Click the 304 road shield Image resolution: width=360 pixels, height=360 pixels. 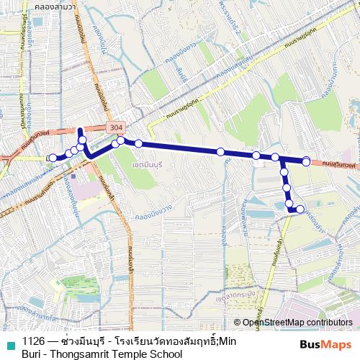pos(114,127)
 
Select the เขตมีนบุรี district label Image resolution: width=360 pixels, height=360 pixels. pos(130,164)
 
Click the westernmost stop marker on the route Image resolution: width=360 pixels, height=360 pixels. pos(53,158)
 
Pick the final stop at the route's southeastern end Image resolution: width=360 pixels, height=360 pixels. pos(300,210)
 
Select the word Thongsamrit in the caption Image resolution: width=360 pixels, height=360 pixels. pos(78,354)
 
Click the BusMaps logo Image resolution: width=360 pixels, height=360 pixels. pos(325,346)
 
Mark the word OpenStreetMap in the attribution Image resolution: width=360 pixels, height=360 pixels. pos(274,323)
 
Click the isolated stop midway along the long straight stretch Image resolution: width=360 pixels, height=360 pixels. pos(220,151)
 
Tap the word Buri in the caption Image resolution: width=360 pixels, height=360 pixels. pos(32,354)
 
